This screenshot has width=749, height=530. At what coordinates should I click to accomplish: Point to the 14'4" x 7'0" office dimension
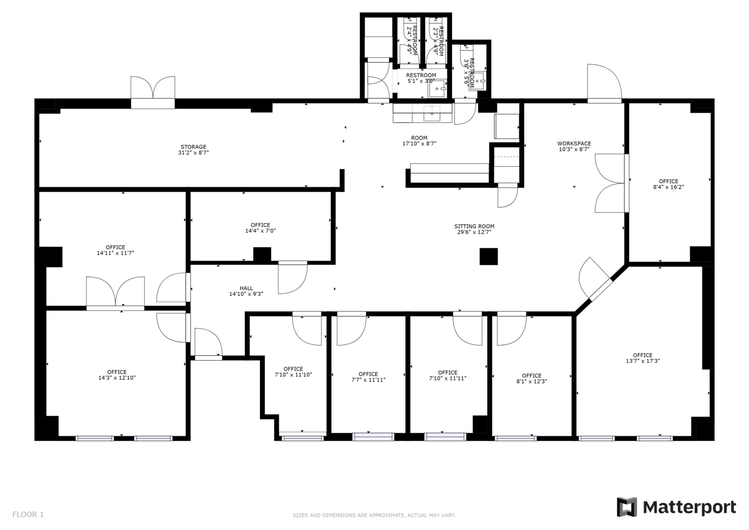pyautogui.click(x=260, y=231)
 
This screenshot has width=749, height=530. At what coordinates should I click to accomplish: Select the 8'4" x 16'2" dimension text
pyautogui.click(x=668, y=187)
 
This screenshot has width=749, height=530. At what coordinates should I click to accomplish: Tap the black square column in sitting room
pyautogui.click(x=488, y=256)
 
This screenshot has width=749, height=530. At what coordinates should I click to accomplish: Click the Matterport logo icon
pyautogui.click(x=627, y=507)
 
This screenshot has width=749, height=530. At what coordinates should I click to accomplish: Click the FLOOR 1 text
pyautogui.click(x=28, y=514)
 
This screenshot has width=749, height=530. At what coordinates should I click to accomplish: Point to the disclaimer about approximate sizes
pyautogui.click(x=374, y=515)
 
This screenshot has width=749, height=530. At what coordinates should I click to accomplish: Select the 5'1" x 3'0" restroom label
pyautogui.click(x=421, y=78)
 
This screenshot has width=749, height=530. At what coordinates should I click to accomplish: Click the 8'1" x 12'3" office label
pyautogui.click(x=531, y=379)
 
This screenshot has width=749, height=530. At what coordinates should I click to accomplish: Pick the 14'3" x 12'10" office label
pyautogui.click(x=117, y=375)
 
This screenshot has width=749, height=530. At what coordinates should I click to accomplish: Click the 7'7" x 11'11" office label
pyautogui.click(x=368, y=377)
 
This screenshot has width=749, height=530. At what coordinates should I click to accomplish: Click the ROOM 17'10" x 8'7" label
pyautogui.click(x=419, y=141)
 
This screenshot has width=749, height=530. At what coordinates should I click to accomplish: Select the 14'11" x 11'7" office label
pyautogui.click(x=115, y=250)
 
